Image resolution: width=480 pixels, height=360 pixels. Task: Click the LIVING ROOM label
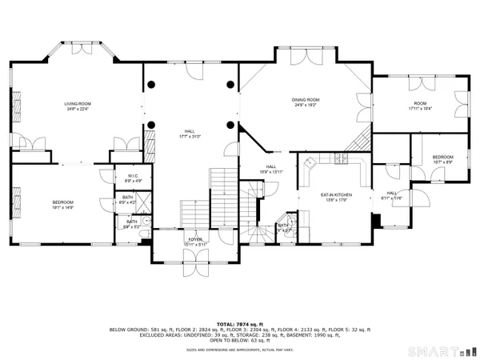point(78,104)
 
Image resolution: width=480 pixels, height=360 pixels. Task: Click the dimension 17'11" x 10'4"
point(420,109)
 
